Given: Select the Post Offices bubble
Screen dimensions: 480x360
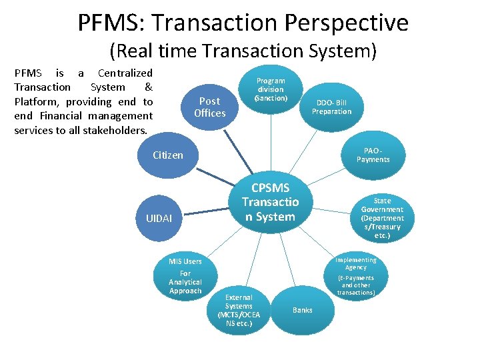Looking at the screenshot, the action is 209,107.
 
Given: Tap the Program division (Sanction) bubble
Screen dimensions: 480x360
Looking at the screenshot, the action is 270,89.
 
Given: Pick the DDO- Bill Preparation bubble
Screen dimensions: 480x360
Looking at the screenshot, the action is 331,107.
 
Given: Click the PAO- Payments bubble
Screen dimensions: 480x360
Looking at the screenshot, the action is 373,155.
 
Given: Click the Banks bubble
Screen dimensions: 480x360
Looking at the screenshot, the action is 302,310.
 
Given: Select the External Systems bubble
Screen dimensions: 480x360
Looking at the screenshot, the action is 239,310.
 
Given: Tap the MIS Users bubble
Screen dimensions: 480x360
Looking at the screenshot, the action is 185,276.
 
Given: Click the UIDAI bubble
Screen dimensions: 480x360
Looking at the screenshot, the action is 159,219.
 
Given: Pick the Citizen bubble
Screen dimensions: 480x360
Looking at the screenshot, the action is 167,155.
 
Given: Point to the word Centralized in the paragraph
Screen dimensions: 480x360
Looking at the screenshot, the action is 125,73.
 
